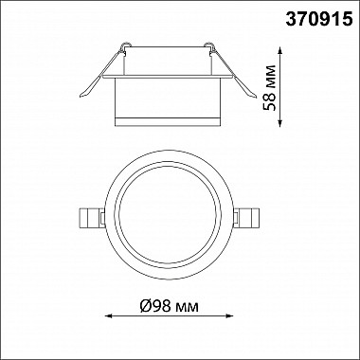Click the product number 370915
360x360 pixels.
pyautogui.click(x=319, y=20)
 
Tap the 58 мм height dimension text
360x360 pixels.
pyautogui.click(x=270, y=87)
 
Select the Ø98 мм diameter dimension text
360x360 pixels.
pyautogui.click(x=170, y=306)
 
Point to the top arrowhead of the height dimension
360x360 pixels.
pyautogui.click(x=280, y=50)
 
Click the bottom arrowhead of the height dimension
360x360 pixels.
pyautogui.click(x=280, y=123)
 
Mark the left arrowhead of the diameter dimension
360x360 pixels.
pyautogui.click(x=108, y=315)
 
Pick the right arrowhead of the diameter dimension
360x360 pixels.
pyautogui.click(x=229, y=315)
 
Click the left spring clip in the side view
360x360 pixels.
pyautogui.click(x=101, y=70)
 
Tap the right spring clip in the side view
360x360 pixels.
pyautogui.click(x=231, y=70)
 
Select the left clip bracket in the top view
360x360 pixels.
pyautogui.click(x=91, y=218)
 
